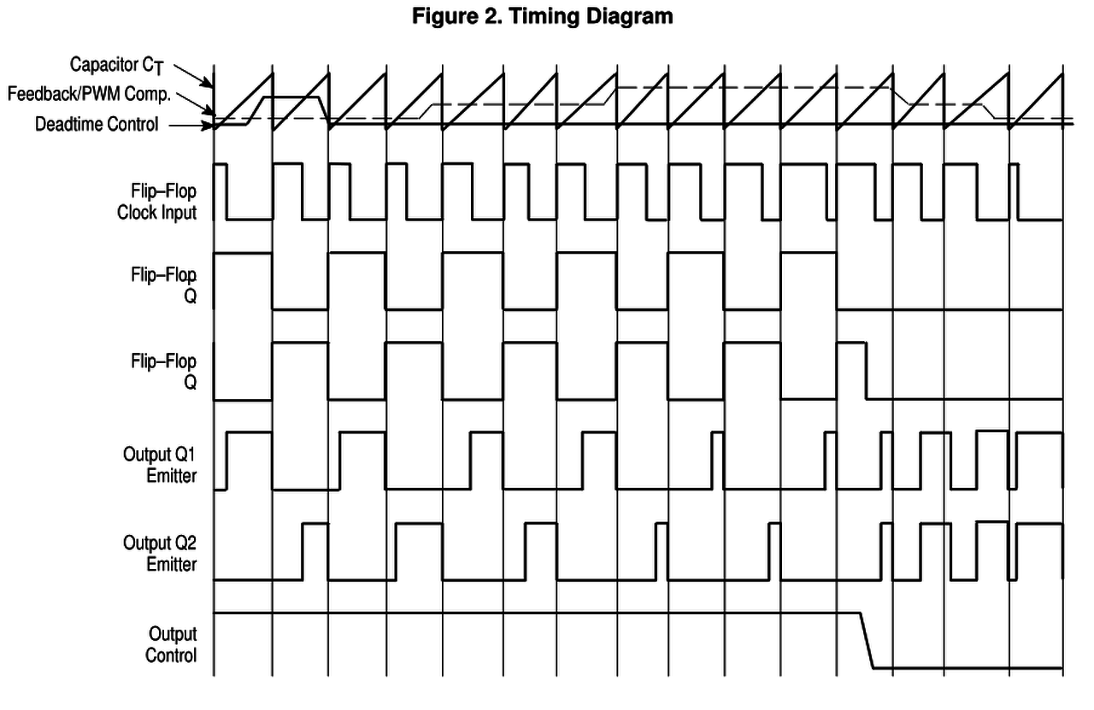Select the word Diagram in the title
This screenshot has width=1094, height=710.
point(628,16)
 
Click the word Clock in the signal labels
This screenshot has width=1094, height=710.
point(138,213)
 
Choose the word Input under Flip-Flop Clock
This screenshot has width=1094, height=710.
point(178,213)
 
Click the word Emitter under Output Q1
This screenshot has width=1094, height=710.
point(171,476)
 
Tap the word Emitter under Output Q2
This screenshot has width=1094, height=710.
point(171,564)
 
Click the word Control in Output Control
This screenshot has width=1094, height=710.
point(171,656)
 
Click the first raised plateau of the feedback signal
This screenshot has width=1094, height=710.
point(291,97)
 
